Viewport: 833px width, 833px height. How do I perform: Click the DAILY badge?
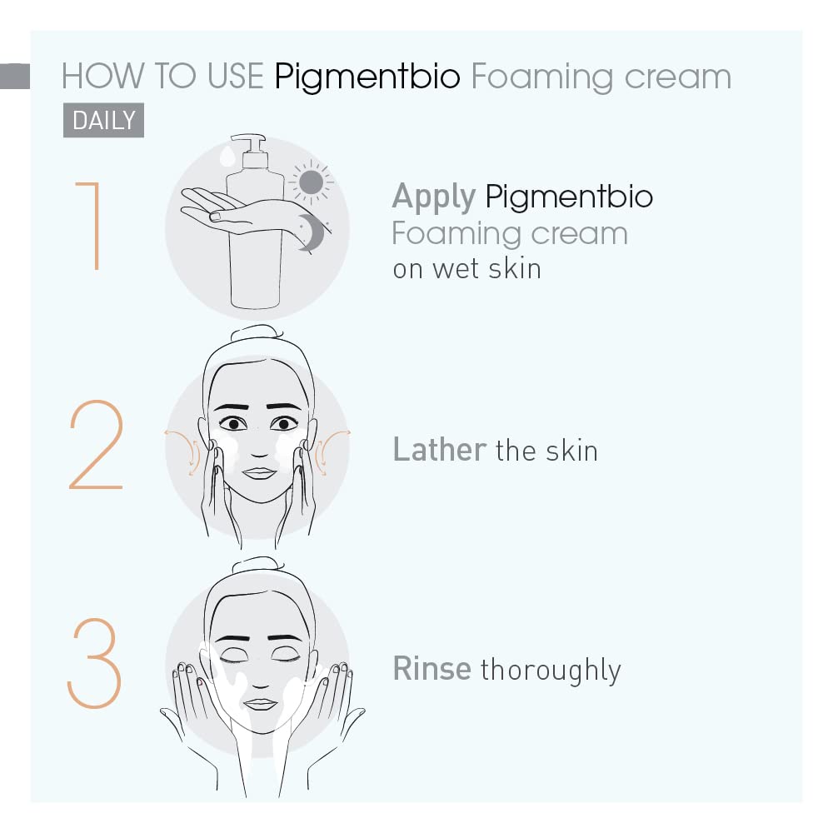pos(103,120)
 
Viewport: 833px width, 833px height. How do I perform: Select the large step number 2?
pos(96,444)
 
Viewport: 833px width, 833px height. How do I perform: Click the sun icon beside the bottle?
pos(312,182)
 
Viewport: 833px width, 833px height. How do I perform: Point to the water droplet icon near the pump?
pos(227,157)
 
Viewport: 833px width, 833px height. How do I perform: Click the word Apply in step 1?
pos(433,197)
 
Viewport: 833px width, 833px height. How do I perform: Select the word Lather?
pos(439,449)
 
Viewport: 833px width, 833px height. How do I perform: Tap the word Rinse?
pos(431,668)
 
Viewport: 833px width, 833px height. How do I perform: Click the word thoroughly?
pos(551,670)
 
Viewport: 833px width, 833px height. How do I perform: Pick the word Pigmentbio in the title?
pos(367,77)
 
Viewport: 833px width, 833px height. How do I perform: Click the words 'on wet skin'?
pos(467,269)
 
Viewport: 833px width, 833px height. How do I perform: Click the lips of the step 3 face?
pos(260,705)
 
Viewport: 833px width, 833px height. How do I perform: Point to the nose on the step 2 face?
pos(259,449)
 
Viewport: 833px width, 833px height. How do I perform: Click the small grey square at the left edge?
pos(15,76)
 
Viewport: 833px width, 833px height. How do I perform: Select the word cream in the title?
pos(678,77)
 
